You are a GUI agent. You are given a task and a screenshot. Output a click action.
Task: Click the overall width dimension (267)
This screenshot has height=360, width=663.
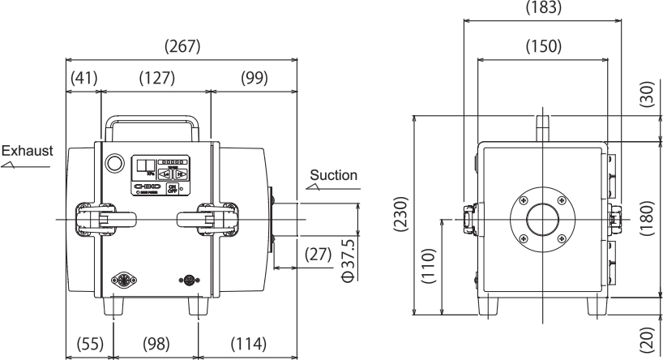tap(183, 47)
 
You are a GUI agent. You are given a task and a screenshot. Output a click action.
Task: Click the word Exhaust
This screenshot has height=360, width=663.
tap(27, 152)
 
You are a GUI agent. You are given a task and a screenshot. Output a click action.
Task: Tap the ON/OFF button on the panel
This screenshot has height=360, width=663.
tap(172, 188)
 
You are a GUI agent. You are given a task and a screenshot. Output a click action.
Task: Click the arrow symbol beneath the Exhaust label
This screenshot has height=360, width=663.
tap(13, 164)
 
